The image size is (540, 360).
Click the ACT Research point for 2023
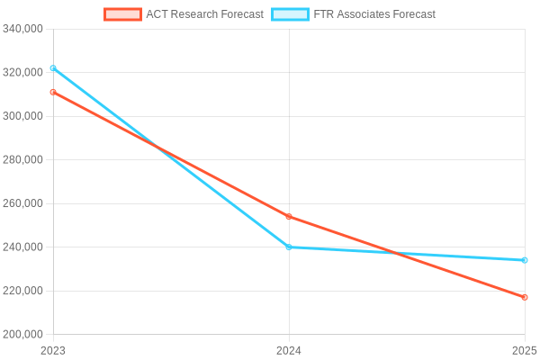[x=53, y=92]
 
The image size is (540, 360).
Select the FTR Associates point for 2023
[x=53, y=68]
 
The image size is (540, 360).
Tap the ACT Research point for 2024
[x=289, y=217]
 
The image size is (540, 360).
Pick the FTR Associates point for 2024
[x=289, y=247]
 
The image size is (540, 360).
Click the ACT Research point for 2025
[x=525, y=297]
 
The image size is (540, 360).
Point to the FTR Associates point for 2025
[x=525, y=260]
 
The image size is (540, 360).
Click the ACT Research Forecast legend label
[x=204, y=14]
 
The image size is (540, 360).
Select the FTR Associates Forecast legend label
[x=374, y=14]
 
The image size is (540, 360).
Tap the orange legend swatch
[x=123, y=14]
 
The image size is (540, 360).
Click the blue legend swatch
[x=290, y=14]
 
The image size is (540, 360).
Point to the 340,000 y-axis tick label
[x=23, y=29]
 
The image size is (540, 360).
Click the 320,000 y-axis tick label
[x=23, y=72]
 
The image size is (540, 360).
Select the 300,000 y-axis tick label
[x=23, y=116]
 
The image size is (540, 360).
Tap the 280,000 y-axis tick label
[x=23, y=159]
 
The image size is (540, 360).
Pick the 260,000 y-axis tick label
[x=23, y=203]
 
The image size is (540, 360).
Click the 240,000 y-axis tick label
[x=23, y=247]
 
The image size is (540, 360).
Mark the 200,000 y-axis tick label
[x=23, y=335]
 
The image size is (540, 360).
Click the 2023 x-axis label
[x=53, y=350]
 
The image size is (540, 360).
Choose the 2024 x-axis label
[x=289, y=350]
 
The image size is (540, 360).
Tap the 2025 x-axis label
[x=524, y=350]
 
